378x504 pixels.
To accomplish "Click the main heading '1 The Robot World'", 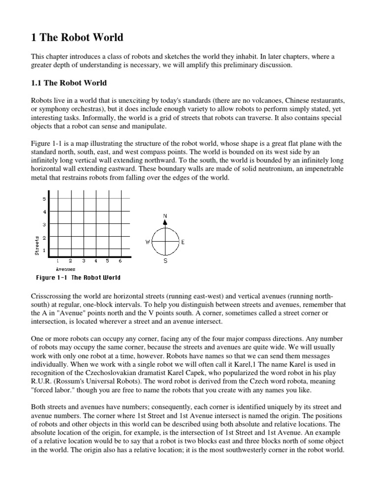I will coord(77,37).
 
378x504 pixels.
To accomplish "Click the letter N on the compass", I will coord(165,216).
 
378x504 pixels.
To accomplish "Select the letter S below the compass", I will coord(165,261).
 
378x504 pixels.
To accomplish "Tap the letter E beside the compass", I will coord(183,242).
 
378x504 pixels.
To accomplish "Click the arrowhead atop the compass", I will coord(165,222).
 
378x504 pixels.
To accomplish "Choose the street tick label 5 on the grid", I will coord(44,199).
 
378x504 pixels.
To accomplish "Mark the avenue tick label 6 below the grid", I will coord(120,261).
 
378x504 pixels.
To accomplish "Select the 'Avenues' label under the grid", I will coord(65,269).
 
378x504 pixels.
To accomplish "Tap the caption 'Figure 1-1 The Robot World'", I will coord(78,278).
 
